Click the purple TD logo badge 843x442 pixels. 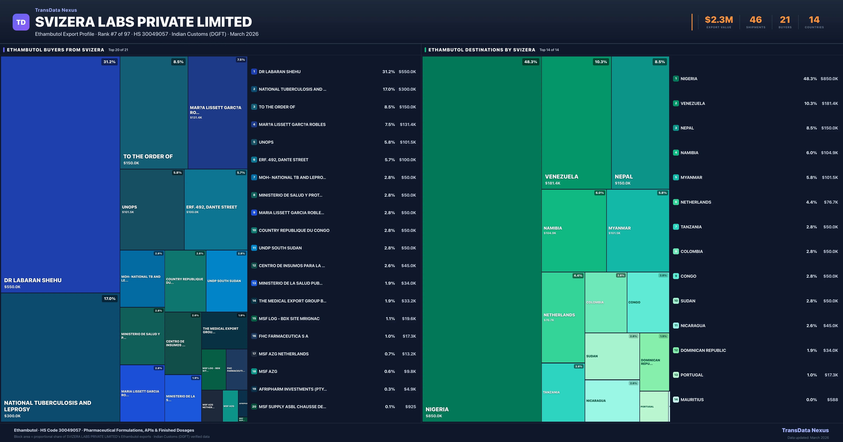click(21, 22)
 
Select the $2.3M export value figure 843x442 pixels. click(719, 20)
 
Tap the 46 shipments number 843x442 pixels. click(756, 20)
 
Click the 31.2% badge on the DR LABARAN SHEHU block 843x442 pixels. click(109, 62)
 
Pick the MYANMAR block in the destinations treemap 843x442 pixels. click(638, 230)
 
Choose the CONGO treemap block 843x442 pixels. click(648, 302)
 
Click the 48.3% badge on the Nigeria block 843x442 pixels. click(530, 62)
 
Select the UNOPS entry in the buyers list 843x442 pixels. click(266, 142)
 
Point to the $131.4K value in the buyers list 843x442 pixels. click(408, 125)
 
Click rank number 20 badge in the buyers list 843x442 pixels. click(254, 407)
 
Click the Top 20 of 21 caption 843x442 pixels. click(118, 50)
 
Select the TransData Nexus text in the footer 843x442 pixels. click(805, 430)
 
